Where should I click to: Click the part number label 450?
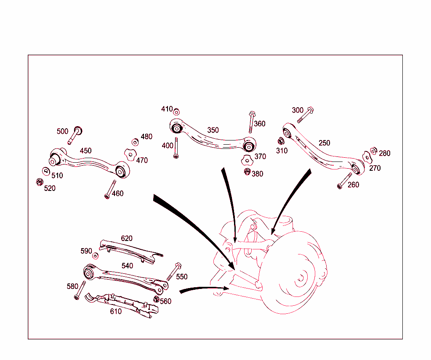[85, 151]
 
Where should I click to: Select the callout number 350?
[213, 130]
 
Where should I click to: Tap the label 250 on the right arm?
[324, 143]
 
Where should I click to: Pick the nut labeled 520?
[39, 182]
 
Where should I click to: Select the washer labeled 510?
[45, 171]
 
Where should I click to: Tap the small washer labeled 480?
[135, 142]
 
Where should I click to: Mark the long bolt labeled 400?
[176, 148]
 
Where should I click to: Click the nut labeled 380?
[247, 171]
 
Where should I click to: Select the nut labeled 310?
[281, 141]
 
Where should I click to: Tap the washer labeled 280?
[373, 151]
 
